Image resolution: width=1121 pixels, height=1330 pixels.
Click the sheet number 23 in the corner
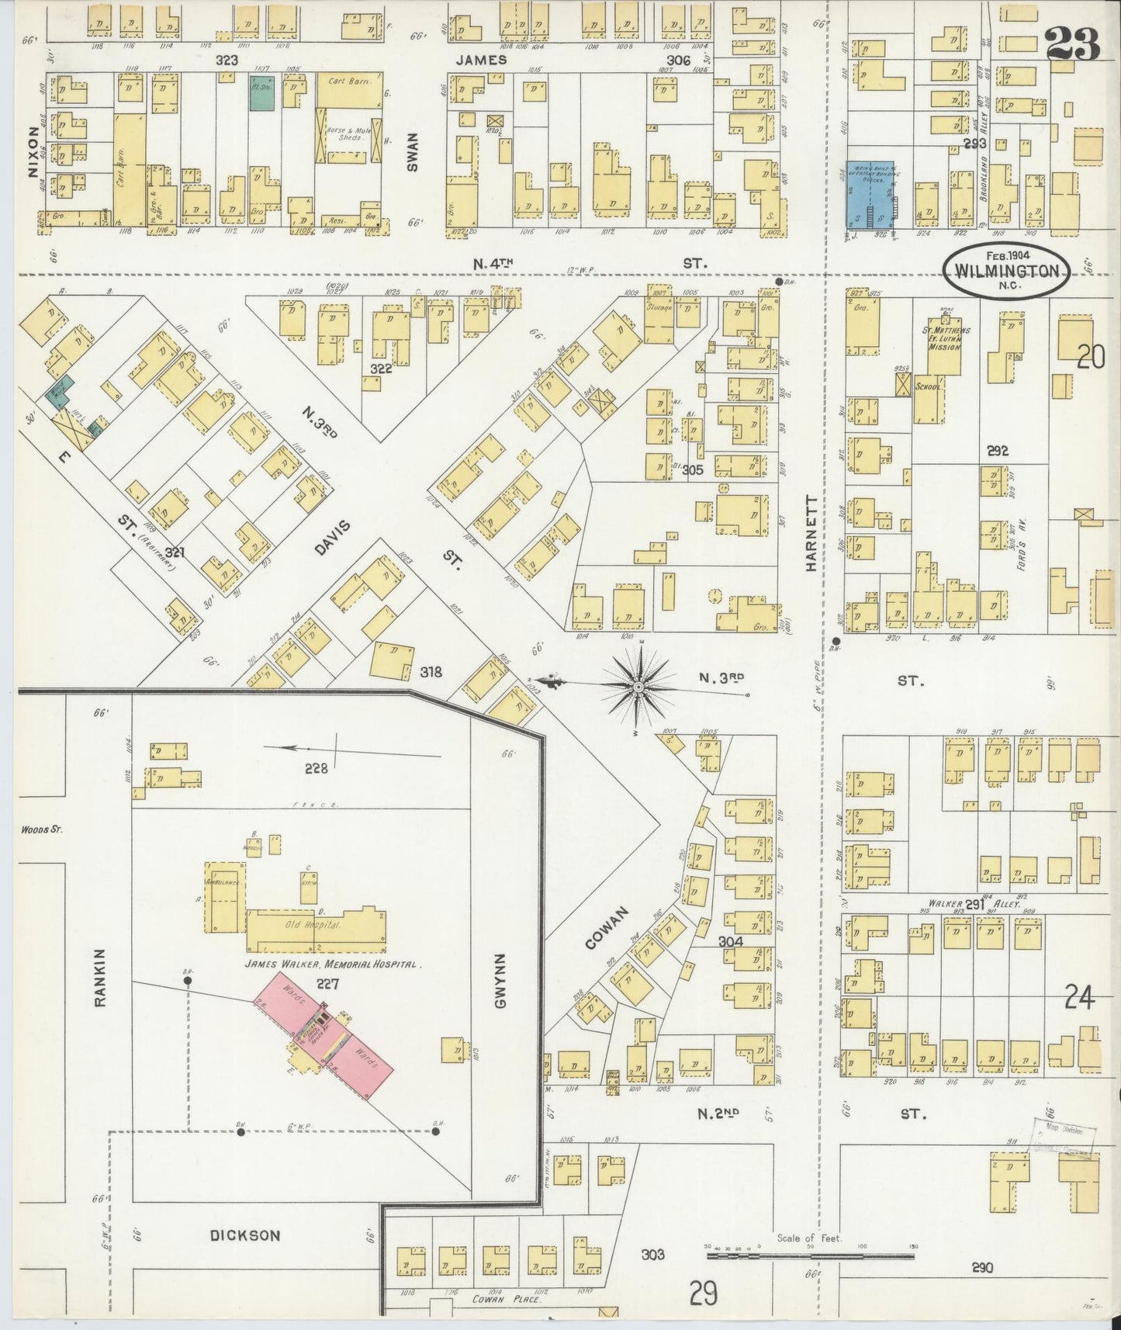point(1073,43)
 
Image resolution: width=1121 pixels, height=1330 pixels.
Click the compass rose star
point(638,685)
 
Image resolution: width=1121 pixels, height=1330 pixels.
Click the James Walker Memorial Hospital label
point(333,965)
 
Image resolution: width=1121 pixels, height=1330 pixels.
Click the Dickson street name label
point(244,1235)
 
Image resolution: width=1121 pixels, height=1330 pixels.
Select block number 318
point(431,671)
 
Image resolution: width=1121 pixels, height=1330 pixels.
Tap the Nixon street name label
point(33,152)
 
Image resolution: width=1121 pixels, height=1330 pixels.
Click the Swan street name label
point(412,151)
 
